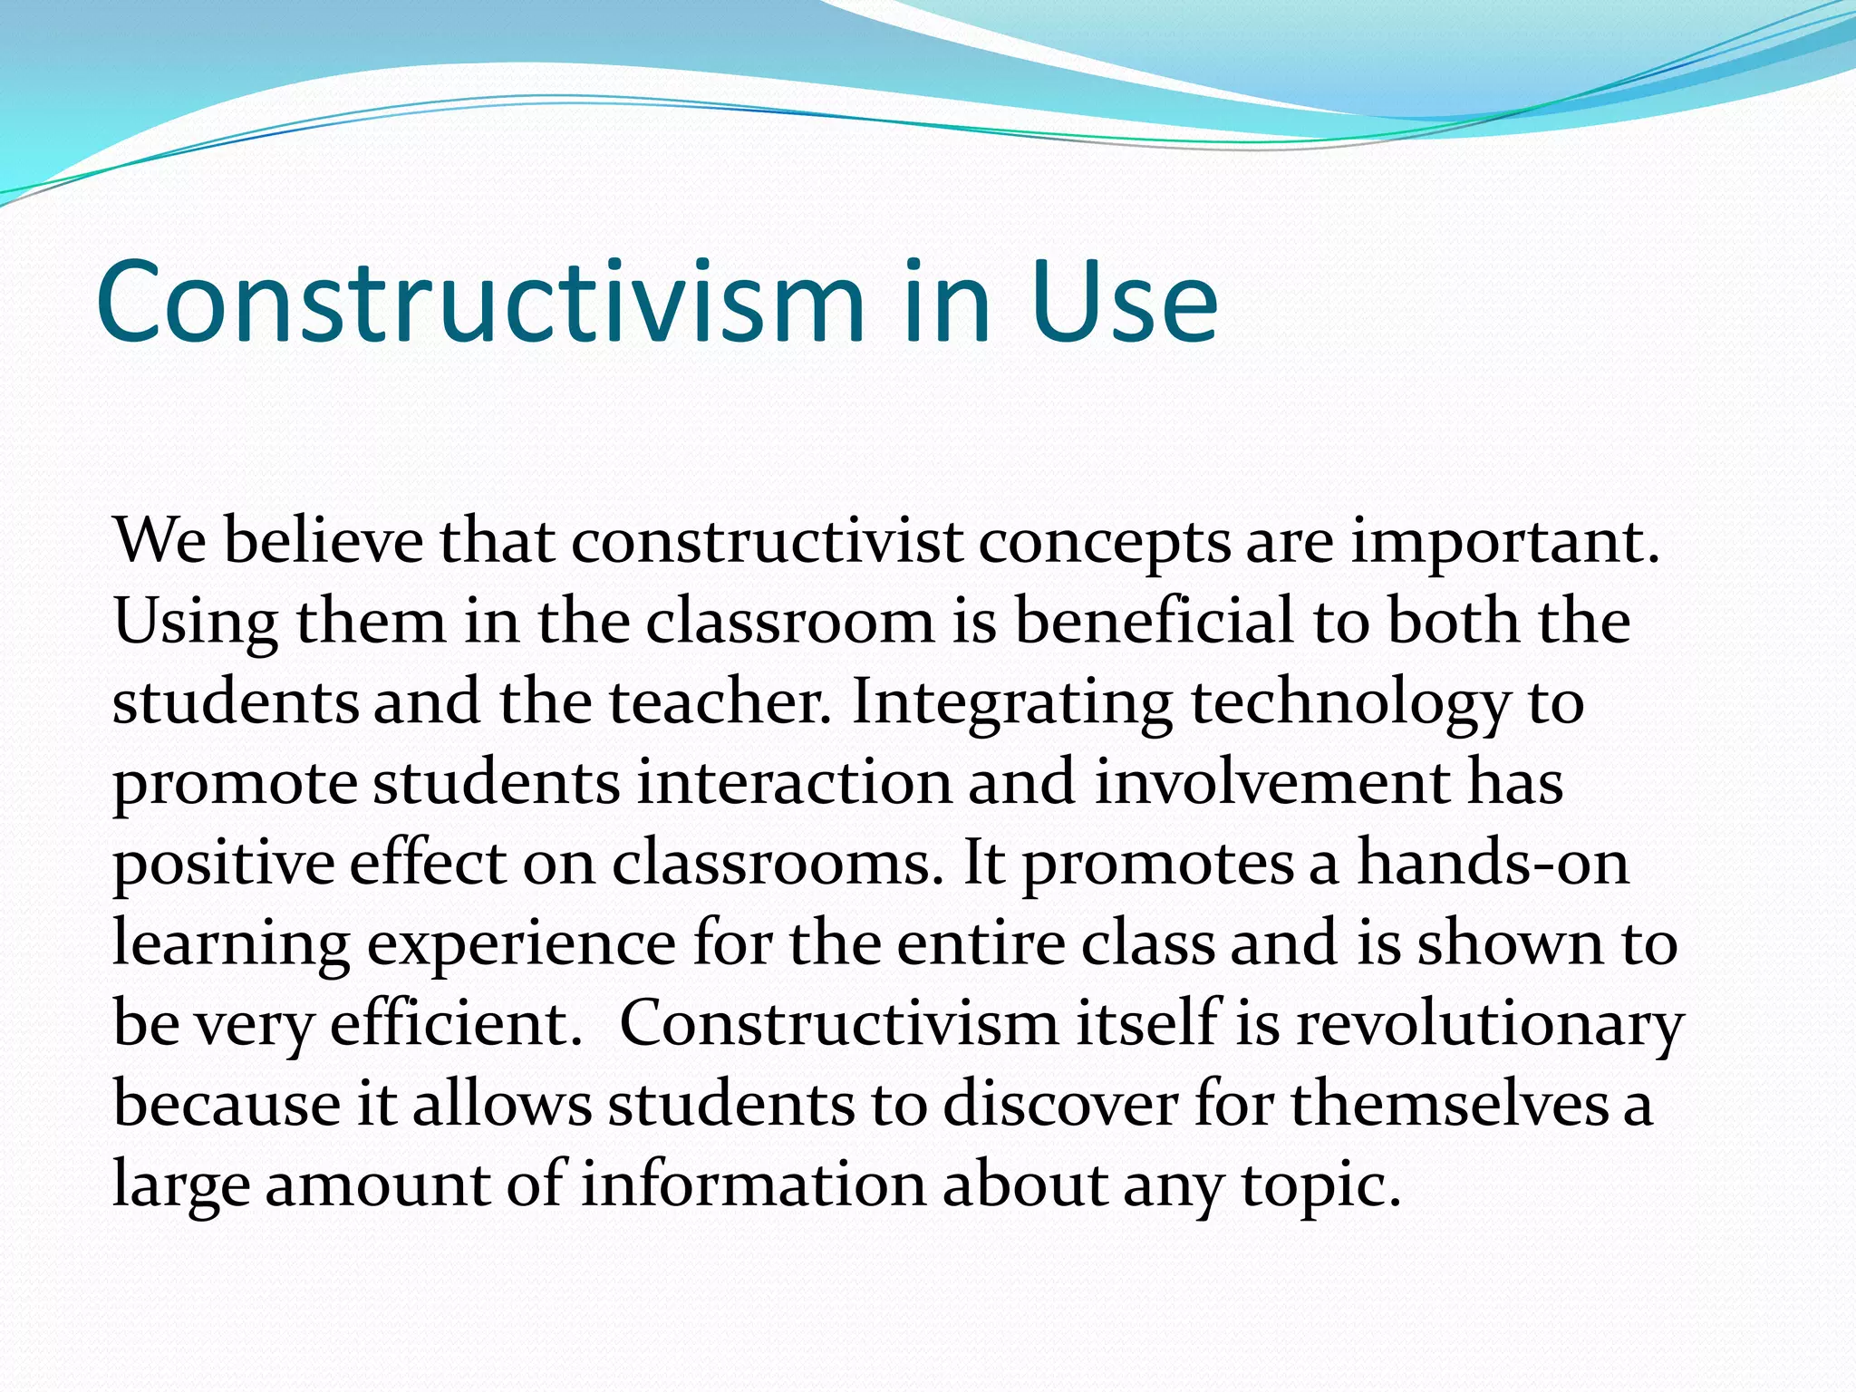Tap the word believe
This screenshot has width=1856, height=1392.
pyautogui.click(x=324, y=541)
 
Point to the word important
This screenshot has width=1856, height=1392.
pyautogui.click(x=1505, y=541)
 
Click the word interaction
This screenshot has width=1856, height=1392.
pyautogui.click(x=794, y=782)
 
